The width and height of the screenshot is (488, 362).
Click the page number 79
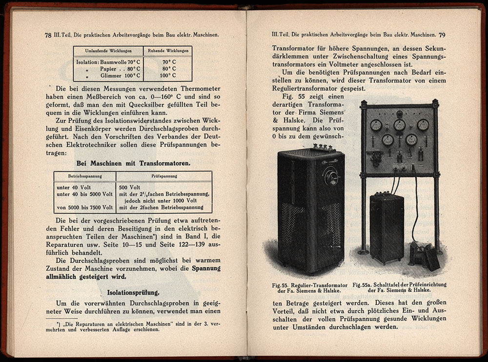click(x=442, y=35)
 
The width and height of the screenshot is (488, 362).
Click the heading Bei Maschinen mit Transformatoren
click(x=132, y=164)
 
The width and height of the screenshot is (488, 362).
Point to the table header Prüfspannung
click(x=163, y=175)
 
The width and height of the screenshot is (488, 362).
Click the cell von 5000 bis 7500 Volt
click(x=85, y=207)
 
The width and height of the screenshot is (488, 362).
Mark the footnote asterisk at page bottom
click(x=58, y=323)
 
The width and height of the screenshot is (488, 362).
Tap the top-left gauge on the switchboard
click(x=376, y=125)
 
